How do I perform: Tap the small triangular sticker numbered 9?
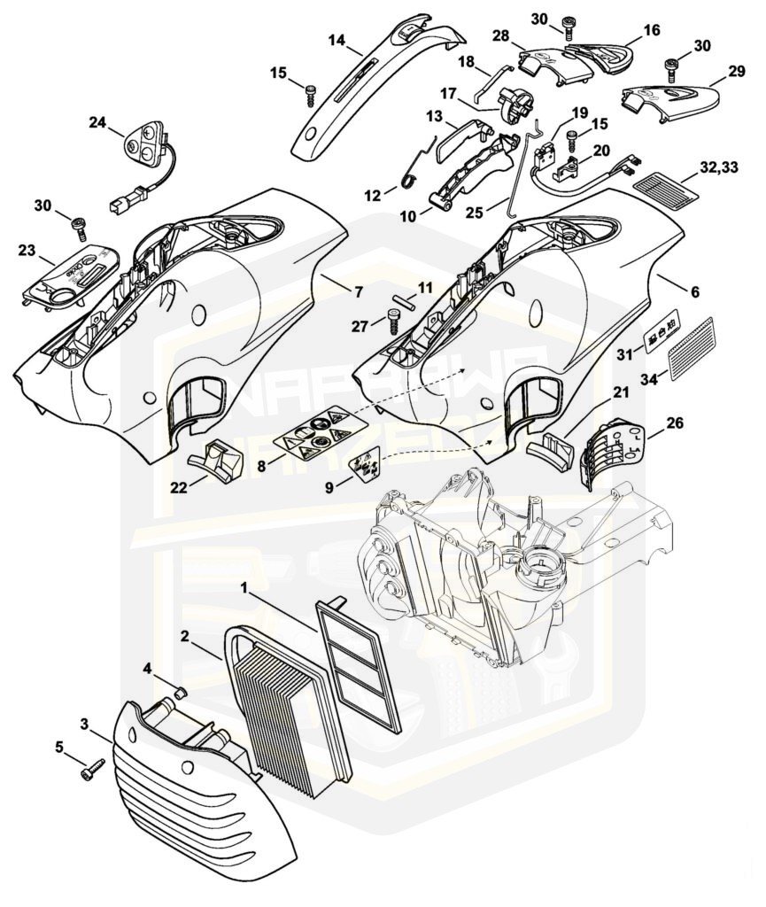(366, 462)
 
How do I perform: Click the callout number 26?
(674, 423)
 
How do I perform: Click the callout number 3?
(85, 725)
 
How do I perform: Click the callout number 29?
(736, 70)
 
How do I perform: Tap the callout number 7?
(333, 292)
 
